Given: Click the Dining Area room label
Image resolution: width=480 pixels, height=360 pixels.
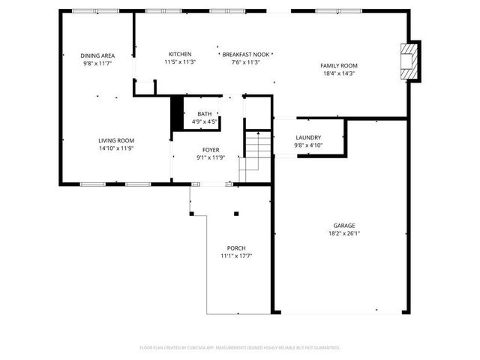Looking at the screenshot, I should pos(97,55).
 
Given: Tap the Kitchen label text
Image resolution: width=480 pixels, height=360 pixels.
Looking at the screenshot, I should pos(180,54).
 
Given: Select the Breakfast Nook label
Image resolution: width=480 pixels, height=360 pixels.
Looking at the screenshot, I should pos(246,55).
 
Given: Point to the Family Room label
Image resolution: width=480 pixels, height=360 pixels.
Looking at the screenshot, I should pos(339,66).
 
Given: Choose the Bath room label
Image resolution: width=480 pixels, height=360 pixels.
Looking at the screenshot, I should pos(204,113).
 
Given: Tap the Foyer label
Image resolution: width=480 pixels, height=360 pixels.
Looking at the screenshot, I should pos(211,150).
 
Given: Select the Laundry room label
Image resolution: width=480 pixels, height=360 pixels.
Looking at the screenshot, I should pos(308,137).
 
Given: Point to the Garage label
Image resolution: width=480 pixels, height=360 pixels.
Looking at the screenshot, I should pos(344,226).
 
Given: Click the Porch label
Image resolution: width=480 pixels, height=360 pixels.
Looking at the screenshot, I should pos(236,248).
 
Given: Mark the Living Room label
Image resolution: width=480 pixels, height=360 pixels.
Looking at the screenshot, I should pos(116,140).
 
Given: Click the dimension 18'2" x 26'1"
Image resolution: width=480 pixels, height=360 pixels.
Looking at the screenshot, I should pos(344,233).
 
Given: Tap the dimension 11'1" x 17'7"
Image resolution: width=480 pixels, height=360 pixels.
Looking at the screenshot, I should pos(236,256).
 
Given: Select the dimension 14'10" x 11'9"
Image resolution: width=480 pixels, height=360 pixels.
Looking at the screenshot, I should pos(116,148).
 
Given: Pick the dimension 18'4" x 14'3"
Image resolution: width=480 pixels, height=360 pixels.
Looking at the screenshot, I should pos(339,73).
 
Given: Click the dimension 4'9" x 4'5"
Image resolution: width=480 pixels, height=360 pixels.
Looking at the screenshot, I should pos(204,121).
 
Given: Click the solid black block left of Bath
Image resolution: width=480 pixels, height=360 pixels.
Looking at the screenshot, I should pos(178,113).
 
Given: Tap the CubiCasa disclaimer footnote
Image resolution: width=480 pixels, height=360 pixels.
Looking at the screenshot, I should pos(240,347).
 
